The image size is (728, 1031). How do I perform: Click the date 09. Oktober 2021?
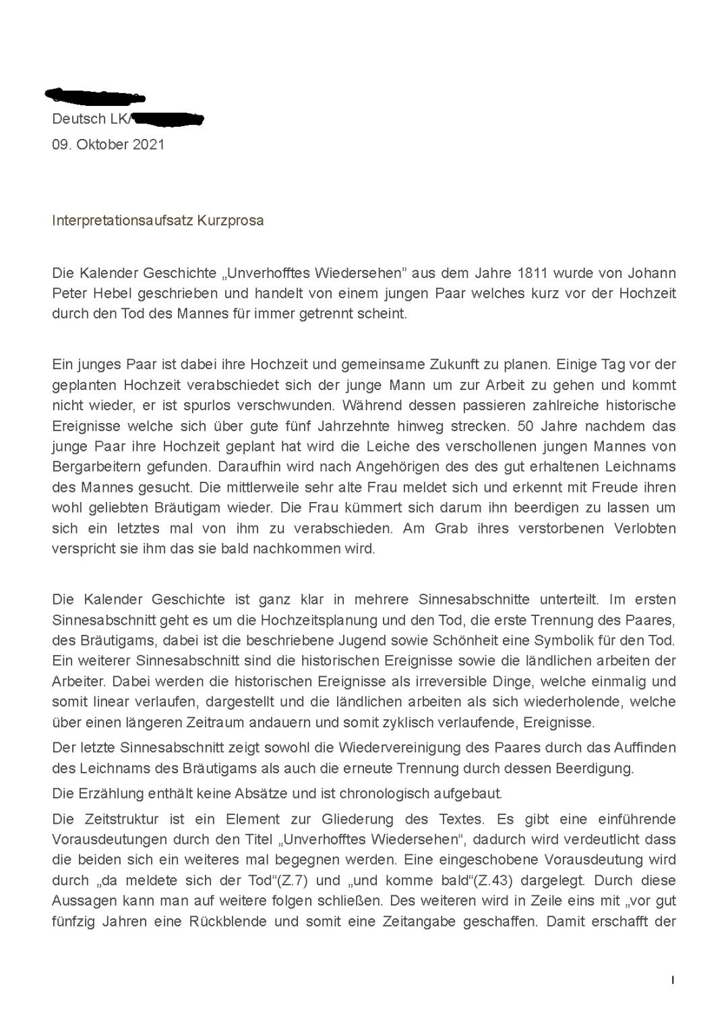(108, 144)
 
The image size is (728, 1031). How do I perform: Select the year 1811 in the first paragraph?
(532, 273)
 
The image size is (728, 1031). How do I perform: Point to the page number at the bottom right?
(672, 980)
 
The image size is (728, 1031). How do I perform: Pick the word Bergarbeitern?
(94, 467)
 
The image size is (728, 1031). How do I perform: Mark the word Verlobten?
(644, 528)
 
